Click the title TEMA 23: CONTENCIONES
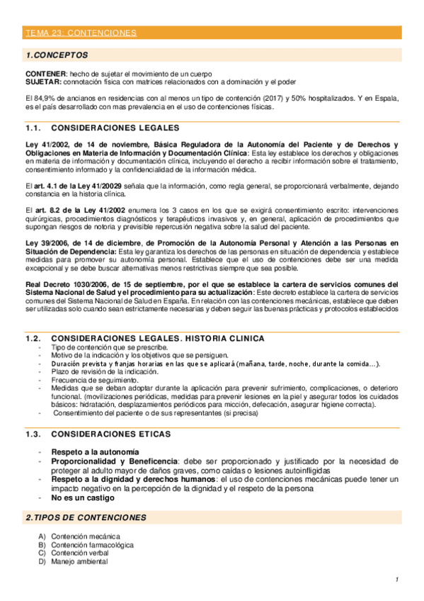pos(80,33)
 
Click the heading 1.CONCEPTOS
pos(57,55)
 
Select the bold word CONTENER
pos(45,74)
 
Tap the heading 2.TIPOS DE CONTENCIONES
pos(86,518)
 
